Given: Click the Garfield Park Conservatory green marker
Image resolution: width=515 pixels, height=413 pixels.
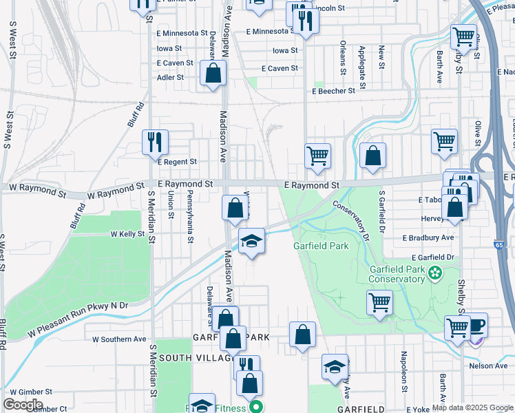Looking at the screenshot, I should point(434,273).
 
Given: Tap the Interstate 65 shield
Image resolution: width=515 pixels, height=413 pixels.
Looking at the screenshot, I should point(498,244).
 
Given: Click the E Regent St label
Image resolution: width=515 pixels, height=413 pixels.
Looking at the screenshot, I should point(178,162).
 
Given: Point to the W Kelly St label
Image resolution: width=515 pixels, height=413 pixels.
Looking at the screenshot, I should point(128,234).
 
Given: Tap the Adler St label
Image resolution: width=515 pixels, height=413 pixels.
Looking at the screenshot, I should point(171,78).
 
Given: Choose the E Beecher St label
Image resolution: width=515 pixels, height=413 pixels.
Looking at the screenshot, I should point(333,90).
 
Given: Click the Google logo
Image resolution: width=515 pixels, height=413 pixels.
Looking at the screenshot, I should point(23,404).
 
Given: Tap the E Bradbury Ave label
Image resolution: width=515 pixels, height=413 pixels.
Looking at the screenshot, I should point(428,237).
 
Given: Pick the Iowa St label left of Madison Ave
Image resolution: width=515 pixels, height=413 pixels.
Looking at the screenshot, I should point(169,49).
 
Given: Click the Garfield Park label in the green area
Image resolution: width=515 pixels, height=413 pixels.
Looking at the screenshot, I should point(320,246).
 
